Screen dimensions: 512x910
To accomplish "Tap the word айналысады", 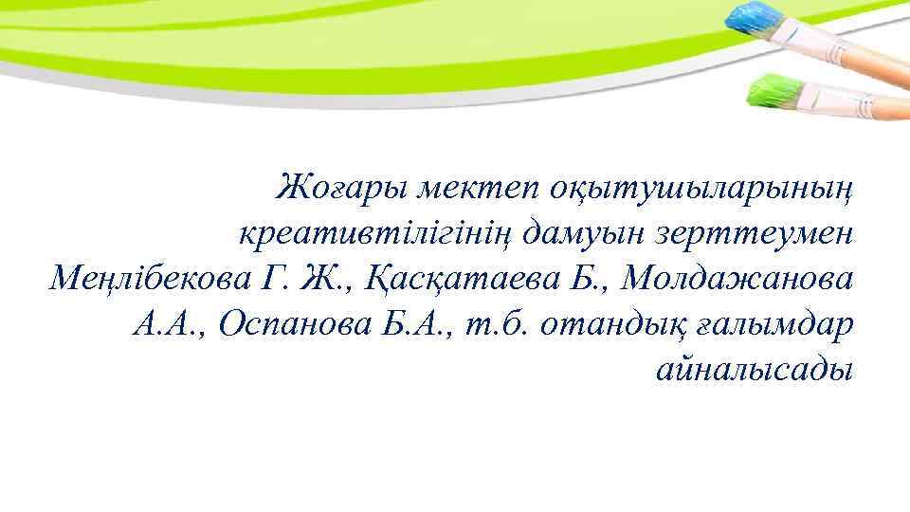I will tap(755, 370).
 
